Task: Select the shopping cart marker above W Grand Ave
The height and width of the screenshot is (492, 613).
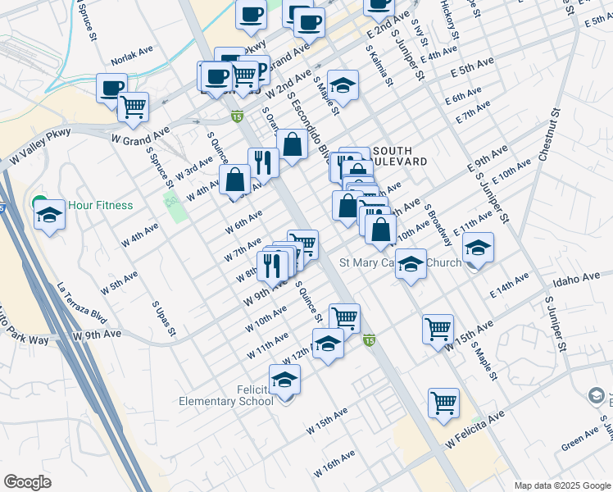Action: [x=133, y=106]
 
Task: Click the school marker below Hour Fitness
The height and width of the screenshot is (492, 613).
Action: [x=49, y=216]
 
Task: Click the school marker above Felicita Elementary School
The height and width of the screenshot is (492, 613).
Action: [x=284, y=380]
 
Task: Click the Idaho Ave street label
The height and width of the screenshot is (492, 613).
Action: [x=577, y=279]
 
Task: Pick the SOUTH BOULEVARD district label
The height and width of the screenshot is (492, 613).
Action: [x=399, y=156]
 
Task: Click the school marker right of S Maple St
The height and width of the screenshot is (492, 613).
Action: [x=343, y=85]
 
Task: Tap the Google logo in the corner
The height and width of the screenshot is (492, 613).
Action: [x=28, y=482]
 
